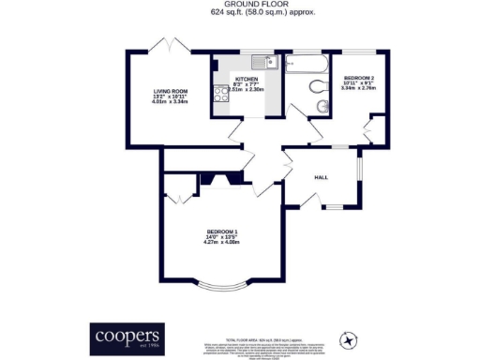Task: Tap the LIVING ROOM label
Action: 171,91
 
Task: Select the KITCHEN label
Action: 247,79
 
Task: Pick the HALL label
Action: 321,175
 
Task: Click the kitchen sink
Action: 270,63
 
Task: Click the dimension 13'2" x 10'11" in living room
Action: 171,97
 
